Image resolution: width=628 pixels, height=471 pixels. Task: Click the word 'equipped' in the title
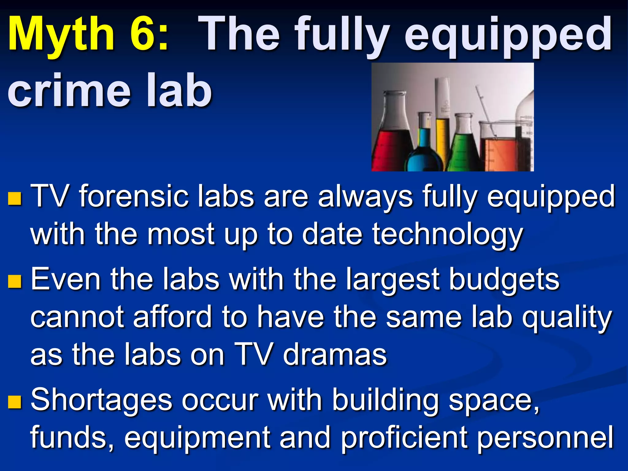[x=507, y=35]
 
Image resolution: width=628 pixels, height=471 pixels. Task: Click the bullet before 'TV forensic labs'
[x=14, y=199]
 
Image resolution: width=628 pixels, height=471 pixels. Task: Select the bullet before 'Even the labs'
[x=14, y=281]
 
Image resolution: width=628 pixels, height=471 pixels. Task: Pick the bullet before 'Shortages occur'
[x=14, y=402]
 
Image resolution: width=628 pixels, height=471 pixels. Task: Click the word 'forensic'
[x=133, y=196]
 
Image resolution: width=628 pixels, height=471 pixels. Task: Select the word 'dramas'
[x=335, y=355]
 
